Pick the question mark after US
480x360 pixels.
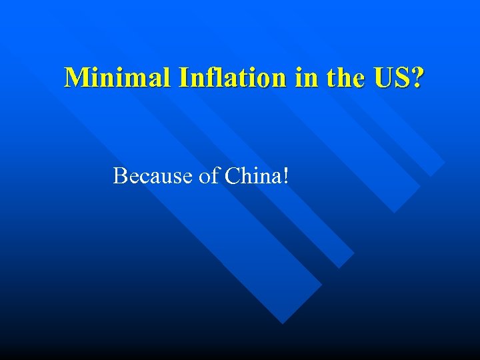(417, 78)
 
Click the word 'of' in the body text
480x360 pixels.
(209, 176)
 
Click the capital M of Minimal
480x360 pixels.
(75, 78)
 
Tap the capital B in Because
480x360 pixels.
(121, 176)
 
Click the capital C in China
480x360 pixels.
(231, 176)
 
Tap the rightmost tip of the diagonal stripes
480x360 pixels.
(445, 162)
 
